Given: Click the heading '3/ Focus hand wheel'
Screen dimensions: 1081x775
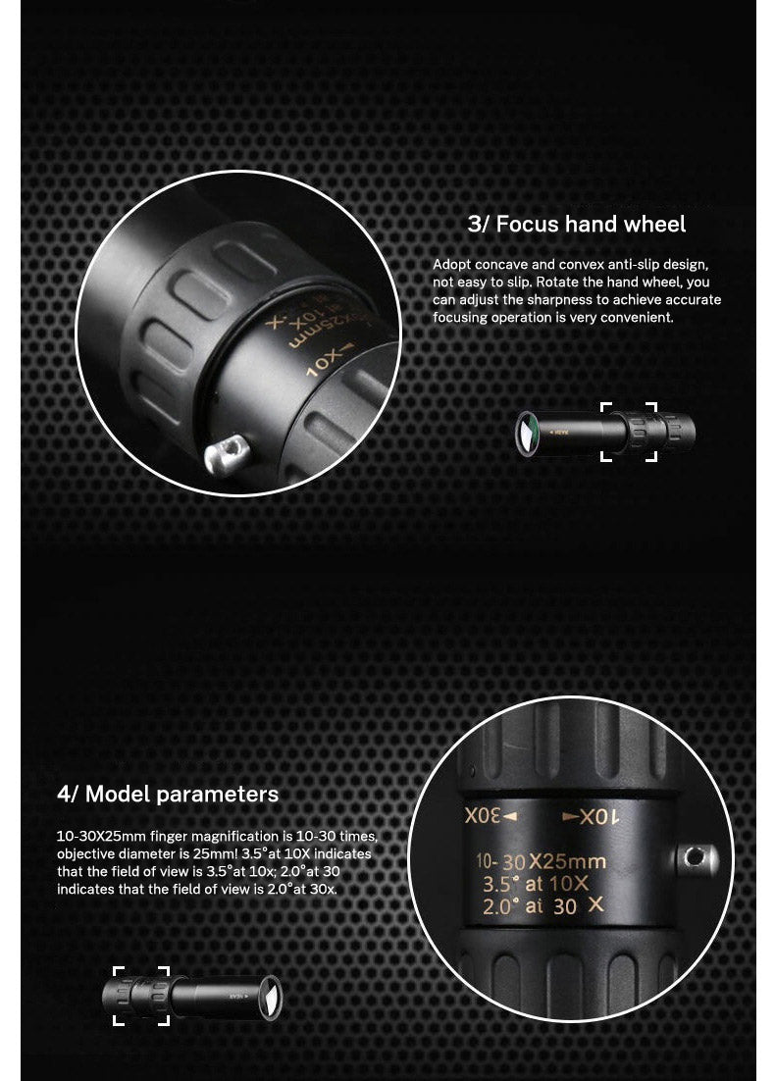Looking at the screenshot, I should (x=577, y=225).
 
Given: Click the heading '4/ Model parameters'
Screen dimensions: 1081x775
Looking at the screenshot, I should (x=168, y=794).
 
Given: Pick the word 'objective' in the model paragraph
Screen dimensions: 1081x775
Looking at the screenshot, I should (x=87, y=853).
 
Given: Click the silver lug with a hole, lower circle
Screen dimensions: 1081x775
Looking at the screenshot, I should (x=695, y=858).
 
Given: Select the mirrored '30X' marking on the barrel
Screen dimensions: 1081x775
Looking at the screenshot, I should (x=490, y=816).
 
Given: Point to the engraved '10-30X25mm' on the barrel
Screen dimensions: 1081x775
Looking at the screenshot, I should (x=541, y=861).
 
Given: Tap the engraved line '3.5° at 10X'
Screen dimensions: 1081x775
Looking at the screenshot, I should (x=535, y=883).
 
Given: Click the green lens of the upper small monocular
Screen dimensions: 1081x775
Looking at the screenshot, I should (x=527, y=433).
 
